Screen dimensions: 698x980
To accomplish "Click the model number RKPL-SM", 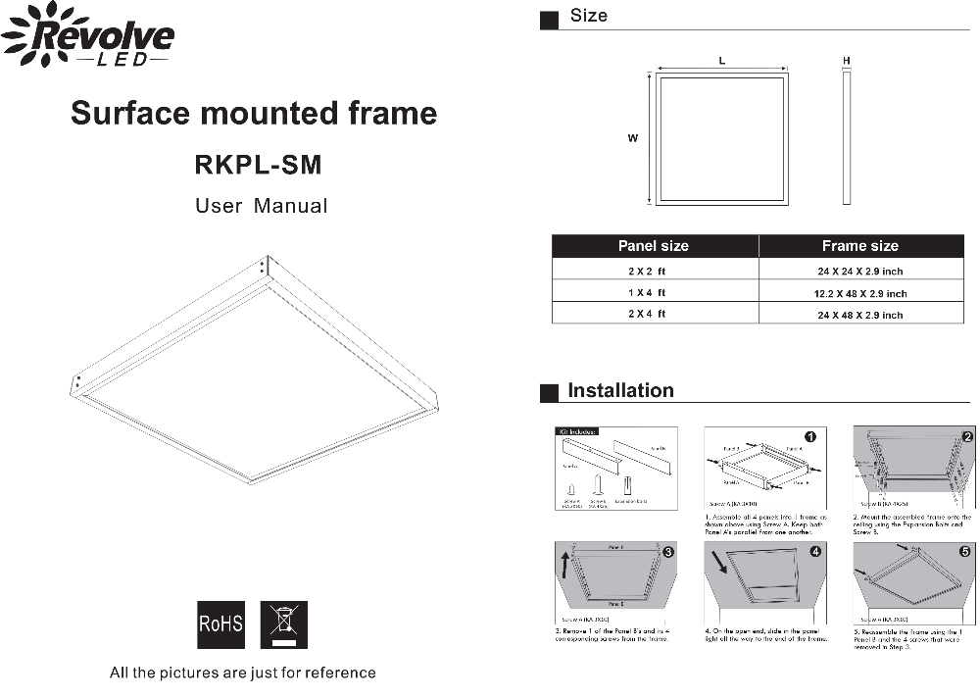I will coord(258,165).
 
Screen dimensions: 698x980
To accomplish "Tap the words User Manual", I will coord(261,206).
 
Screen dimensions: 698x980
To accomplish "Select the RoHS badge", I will coord(220,624).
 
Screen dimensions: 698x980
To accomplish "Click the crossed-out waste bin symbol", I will coord(283,624).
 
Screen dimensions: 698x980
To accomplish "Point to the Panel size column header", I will coord(653,246).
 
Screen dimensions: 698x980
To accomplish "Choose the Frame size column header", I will coord(859,246).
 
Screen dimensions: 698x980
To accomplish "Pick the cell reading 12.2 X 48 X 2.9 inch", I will coord(859,293).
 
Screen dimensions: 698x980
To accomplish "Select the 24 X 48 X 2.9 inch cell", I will coord(859,315).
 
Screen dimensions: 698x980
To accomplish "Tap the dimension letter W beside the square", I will coord(633,138).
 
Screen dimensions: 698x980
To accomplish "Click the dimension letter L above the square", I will coord(722,61).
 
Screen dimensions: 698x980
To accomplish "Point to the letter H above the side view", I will coord(847,61).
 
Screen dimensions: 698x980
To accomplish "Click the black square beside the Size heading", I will coord(550,19).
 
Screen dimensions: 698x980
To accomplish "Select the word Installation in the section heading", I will coord(620,390).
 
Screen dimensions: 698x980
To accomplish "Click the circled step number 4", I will coord(815,552).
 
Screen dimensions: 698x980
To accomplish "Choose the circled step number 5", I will coord(964,552).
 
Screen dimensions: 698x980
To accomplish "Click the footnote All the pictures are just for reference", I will coord(242,673).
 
